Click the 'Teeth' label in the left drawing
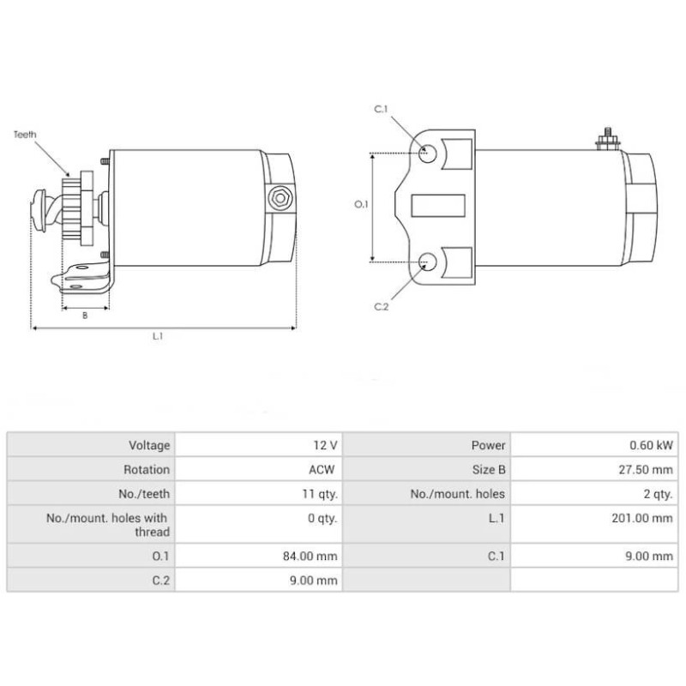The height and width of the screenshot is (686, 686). coord(26,135)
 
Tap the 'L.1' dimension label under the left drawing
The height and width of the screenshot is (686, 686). coord(158,337)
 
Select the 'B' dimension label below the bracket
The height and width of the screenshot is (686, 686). coord(85,315)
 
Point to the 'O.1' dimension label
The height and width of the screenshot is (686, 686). coord(361,205)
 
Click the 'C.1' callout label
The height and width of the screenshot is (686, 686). coord(382,109)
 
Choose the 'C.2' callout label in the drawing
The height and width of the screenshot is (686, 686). coord(382,306)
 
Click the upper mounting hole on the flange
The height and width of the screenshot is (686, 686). coord(428,153)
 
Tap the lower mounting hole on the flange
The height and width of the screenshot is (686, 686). coord(428,262)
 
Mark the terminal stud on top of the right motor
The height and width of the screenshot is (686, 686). coord(606,138)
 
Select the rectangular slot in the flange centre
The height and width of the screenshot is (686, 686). coord(438,206)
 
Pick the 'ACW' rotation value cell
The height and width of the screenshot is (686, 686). coord(323,470)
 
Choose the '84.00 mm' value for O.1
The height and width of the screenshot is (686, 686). coord(311,557)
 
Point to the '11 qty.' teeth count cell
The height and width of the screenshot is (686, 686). coord(319,494)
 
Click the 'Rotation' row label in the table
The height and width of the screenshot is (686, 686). coord(147,470)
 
